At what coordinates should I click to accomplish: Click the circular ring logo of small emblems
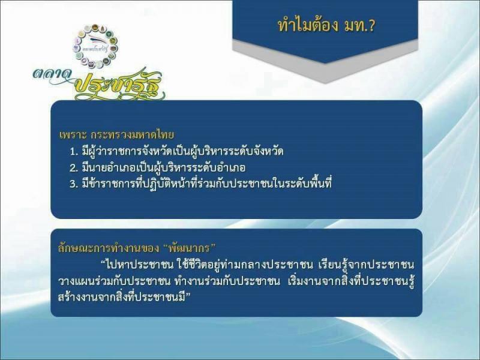pos(95,46)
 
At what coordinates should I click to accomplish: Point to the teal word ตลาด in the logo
pos(52,74)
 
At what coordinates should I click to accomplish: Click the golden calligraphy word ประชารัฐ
pos(119,85)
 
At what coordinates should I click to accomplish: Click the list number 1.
pos(73,152)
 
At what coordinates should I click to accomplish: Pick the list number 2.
pos(73,168)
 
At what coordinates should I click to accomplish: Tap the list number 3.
pos(73,184)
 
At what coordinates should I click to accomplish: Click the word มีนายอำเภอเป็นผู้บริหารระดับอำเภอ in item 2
pos(164,168)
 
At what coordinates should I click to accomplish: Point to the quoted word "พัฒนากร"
pos(190,247)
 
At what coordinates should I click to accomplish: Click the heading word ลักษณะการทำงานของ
pos(109,248)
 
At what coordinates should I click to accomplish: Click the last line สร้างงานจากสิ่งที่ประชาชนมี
pos(122,297)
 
